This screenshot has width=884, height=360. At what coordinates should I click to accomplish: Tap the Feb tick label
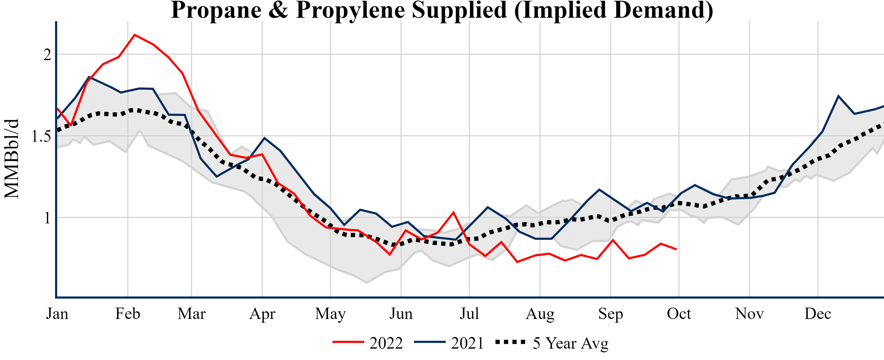(x=128, y=314)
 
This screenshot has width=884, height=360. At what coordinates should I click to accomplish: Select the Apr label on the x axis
(x=262, y=314)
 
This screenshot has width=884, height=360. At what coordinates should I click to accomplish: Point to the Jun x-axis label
(x=401, y=314)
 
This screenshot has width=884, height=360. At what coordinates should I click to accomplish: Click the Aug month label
(x=540, y=314)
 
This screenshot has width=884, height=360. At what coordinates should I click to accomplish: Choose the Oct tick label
(x=679, y=314)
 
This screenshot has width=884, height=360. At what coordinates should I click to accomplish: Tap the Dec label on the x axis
(x=818, y=314)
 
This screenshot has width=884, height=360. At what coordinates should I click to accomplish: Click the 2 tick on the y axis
(x=47, y=55)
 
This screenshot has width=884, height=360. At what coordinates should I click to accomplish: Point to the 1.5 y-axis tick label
(x=41, y=136)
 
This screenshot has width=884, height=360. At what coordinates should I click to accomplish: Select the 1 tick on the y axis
(x=47, y=218)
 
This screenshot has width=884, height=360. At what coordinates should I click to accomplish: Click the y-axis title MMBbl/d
(x=12, y=159)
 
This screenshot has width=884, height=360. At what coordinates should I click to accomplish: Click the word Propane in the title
(x=216, y=10)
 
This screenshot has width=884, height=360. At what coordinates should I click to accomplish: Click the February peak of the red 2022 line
(x=134, y=35)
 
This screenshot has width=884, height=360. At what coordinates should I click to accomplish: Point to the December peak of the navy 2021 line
(x=838, y=96)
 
